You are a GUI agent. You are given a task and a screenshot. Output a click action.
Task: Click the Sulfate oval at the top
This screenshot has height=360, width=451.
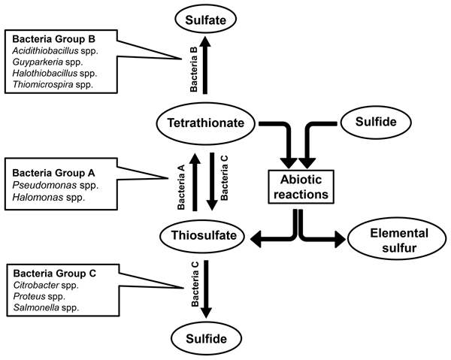click(204, 17)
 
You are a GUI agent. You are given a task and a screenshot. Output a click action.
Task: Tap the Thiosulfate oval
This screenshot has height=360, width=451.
click(203, 237)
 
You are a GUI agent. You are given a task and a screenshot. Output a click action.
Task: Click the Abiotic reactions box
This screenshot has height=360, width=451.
click(299, 183)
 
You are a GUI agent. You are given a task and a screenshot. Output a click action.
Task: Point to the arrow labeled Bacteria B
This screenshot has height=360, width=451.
click(204, 66)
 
